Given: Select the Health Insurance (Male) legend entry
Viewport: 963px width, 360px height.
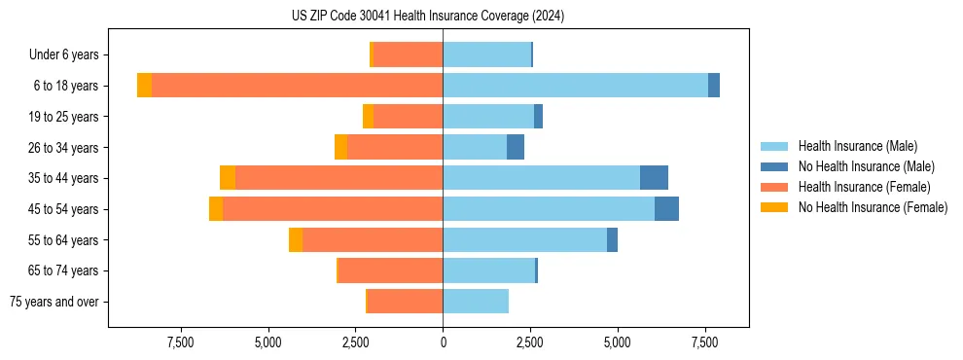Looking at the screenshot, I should (857, 146).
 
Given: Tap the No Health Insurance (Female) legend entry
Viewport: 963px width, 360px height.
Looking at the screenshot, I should (873, 207).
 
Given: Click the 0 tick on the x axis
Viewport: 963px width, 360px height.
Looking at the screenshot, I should (443, 342).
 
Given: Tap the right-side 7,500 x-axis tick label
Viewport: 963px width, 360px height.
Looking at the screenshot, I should (705, 342).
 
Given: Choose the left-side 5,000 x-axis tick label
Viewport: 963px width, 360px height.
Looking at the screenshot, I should (267, 342).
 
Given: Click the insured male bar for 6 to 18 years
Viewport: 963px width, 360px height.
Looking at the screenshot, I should (575, 86).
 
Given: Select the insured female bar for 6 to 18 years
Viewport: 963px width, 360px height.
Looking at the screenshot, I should (297, 86).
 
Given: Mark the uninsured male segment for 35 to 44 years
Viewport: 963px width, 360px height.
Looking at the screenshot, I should (654, 178).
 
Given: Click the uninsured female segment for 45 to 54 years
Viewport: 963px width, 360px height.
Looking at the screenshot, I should (216, 209).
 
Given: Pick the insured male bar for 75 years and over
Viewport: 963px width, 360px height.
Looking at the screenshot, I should (476, 302).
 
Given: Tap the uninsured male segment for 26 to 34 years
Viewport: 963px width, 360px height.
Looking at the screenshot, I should (516, 147).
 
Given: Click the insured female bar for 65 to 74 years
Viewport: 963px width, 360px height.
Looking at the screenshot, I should (390, 270).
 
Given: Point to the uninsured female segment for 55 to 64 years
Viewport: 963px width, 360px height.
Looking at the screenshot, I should (296, 240).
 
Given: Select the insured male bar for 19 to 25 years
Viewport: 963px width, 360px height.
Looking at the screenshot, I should (488, 117).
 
